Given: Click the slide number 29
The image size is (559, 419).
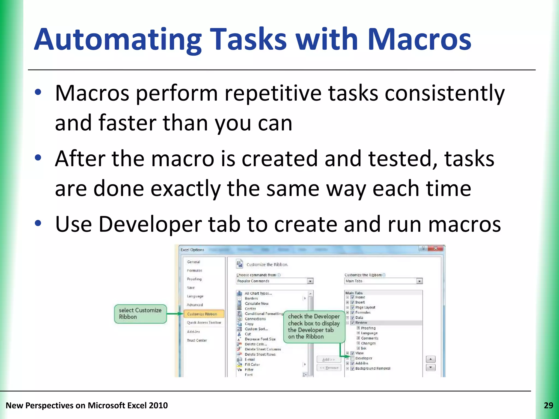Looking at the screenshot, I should tap(548, 406).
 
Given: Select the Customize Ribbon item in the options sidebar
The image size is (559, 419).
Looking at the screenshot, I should tap(204, 314).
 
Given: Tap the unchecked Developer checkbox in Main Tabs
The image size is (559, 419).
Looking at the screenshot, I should tap(352, 358).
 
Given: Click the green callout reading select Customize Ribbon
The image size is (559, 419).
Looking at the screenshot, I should tap(140, 314).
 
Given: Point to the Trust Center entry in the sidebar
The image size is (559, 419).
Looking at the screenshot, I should tap(197, 340).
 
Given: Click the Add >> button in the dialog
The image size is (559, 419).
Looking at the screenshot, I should tap(329, 360).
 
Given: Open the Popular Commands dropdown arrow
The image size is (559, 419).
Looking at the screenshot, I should tap(310, 281).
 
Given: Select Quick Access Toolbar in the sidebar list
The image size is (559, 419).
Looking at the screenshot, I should tap(204, 323).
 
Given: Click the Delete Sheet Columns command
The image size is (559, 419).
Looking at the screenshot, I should tap(263, 349).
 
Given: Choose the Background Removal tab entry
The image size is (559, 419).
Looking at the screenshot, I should tap(373, 369).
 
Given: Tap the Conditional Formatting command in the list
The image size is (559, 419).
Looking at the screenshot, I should tap(264, 314).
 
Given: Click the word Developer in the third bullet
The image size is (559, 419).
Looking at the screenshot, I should tap(150, 224).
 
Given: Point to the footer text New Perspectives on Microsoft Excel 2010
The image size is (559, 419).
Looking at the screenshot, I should tap(87, 406).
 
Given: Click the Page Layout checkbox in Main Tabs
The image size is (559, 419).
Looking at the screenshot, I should tap(352, 307).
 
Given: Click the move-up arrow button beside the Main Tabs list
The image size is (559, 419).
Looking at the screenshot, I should tap(430, 359).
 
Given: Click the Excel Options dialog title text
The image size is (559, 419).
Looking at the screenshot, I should tap(192, 250).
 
